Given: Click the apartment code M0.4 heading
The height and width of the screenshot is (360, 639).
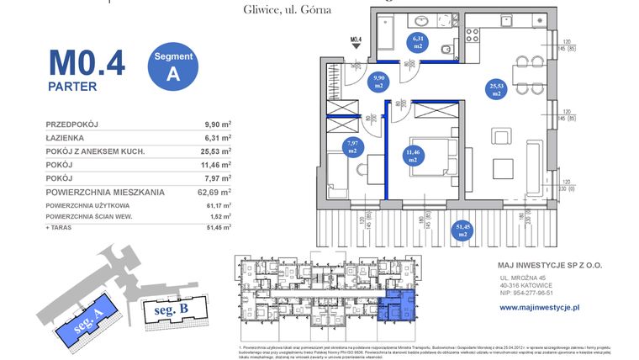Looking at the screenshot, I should pos(87,62).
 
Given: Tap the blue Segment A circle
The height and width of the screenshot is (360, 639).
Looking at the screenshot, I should pos(173,64).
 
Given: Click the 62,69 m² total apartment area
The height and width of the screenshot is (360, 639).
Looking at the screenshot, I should pos(216,192).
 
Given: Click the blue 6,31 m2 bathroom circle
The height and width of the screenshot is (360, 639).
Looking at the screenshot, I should pos(418,42).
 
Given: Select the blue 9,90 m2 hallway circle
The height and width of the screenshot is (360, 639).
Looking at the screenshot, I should pos(379,81).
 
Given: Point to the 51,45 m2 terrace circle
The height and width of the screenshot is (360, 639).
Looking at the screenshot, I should pos(462,230).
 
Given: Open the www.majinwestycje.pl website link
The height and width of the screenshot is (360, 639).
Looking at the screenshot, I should pos(541,308).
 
